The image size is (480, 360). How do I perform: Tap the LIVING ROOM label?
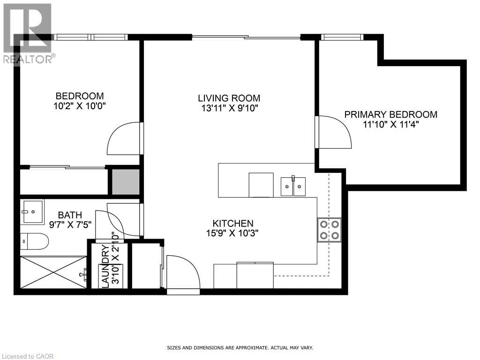click(x=229, y=98)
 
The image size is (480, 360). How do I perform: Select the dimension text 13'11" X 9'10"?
click(x=229, y=109)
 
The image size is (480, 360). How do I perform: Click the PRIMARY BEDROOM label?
click(x=390, y=114)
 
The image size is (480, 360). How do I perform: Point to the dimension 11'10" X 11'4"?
click(x=390, y=125)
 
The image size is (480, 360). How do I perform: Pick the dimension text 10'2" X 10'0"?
click(x=80, y=106)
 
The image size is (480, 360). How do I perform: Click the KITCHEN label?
click(x=233, y=224)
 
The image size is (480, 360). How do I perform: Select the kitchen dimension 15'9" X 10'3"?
click(x=233, y=233)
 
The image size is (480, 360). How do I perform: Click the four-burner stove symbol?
click(x=329, y=230)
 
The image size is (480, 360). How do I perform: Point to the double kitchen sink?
click(x=293, y=186)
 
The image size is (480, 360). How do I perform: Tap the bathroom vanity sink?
click(x=32, y=211)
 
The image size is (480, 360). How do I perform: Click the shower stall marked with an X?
click(x=52, y=272)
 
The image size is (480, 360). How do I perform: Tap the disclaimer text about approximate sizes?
click(x=240, y=348)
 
